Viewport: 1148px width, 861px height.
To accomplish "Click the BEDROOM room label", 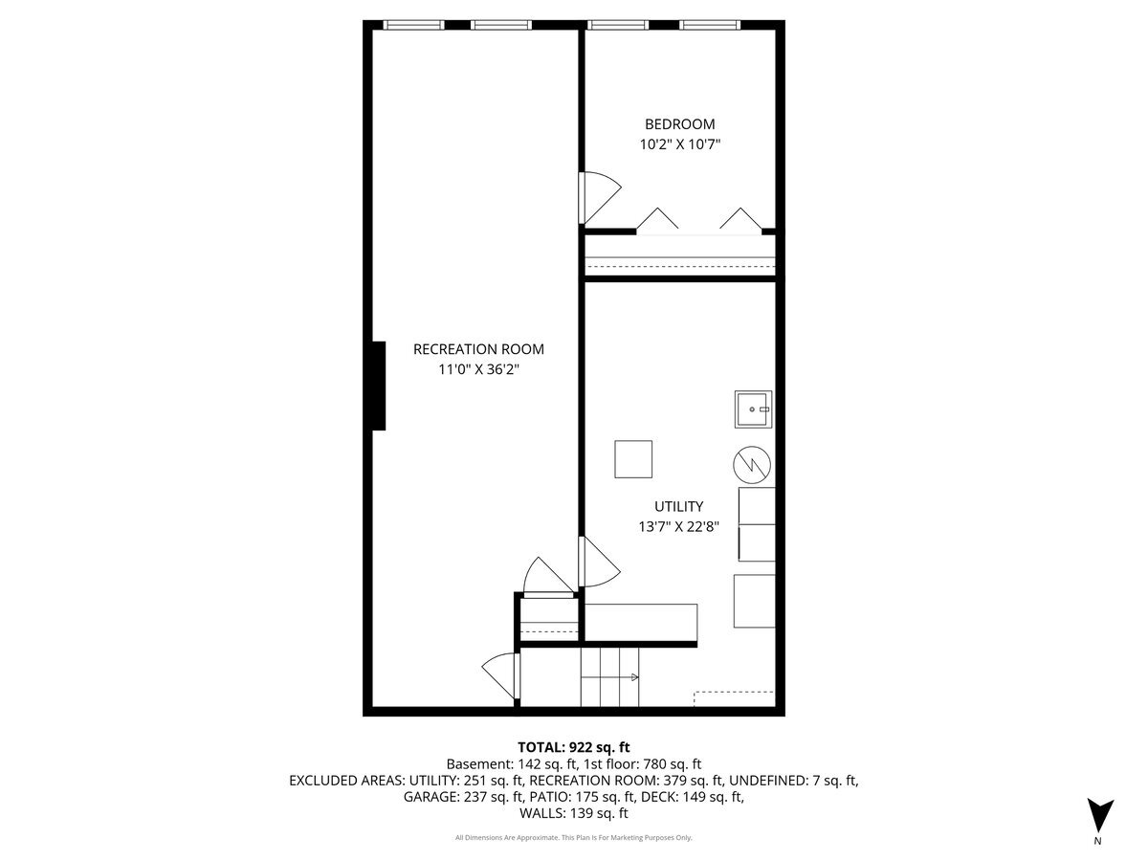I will click(679, 124).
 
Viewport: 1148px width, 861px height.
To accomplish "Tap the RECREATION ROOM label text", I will click(478, 349).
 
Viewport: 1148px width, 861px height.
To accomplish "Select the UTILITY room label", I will click(679, 506).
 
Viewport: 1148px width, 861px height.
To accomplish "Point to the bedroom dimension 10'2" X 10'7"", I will click(679, 145).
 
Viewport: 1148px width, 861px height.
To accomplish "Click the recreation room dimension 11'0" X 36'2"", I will click(478, 369).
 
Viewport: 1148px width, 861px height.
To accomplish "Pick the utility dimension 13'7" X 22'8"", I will click(679, 526).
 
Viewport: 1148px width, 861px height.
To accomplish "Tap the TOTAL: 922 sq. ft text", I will click(574, 747).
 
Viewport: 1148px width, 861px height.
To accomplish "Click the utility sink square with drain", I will click(753, 408).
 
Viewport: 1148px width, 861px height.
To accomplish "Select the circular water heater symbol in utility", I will click(752, 465).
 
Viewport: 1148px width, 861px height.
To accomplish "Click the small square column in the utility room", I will click(633, 459).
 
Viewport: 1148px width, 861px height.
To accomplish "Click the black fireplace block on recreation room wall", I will click(379, 386).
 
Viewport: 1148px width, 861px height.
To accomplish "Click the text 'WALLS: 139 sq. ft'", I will click(574, 814).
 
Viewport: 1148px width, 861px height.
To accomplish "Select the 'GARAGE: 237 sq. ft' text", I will click(463, 797).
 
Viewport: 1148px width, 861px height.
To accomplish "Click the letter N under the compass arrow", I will click(1097, 841).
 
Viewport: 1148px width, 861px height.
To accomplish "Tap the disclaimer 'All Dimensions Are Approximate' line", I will click(574, 838).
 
